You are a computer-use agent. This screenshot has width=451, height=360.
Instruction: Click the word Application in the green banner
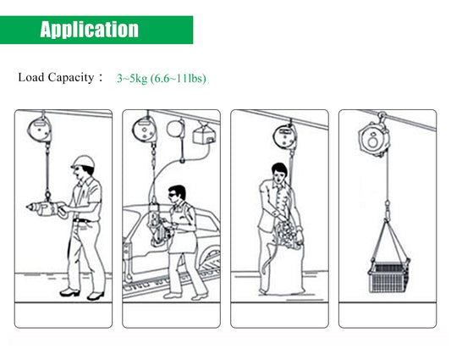click(89, 30)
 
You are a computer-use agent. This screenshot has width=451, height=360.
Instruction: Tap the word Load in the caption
click(31, 77)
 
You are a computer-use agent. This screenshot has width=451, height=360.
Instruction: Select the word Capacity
click(71, 78)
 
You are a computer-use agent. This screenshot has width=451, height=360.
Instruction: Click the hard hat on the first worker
click(83, 162)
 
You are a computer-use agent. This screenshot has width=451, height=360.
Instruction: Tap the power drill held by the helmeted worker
click(47, 208)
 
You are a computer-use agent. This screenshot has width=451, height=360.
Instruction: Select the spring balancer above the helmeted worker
click(40, 130)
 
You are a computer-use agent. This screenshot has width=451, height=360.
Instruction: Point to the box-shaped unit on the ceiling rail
click(204, 136)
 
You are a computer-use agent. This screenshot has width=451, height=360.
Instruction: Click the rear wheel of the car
click(212, 259)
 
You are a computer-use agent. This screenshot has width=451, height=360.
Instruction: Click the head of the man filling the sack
click(279, 173)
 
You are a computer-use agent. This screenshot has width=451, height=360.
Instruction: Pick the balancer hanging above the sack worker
click(284, 136)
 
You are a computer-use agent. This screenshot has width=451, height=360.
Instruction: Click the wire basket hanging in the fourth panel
click(389, 278)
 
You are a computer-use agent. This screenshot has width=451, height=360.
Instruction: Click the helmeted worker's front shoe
click(69, 292)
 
